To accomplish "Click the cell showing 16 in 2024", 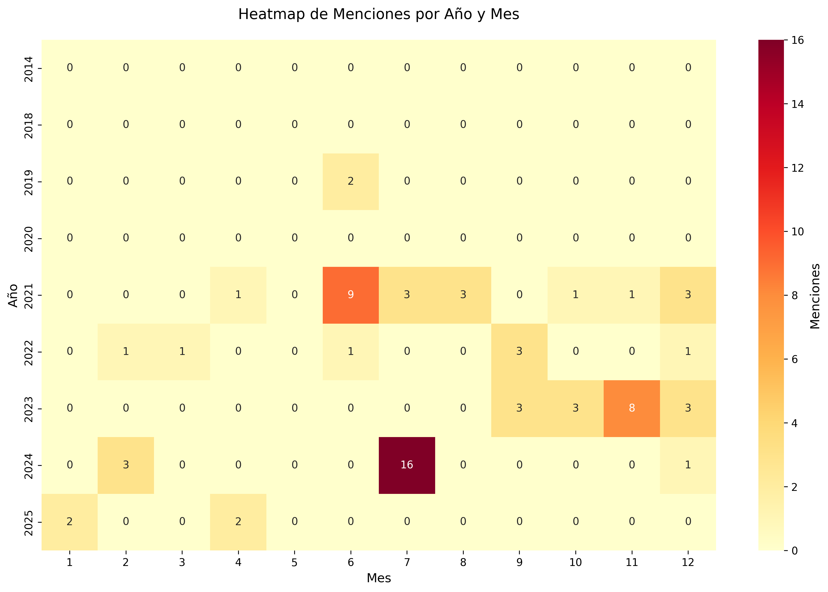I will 407,465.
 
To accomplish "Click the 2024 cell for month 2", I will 126,465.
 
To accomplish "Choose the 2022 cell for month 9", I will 519,351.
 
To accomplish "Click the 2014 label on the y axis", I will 29,68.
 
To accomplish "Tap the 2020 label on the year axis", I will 29,238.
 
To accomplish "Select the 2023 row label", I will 29,409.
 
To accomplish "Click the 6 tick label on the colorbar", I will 794,359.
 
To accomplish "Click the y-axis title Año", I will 13,295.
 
